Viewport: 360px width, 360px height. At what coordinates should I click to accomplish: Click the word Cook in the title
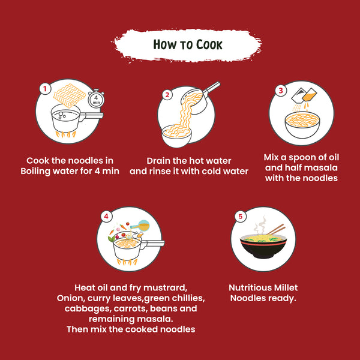(x=209, y=44)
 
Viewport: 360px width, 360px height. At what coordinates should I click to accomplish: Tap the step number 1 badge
(x=45, y=89)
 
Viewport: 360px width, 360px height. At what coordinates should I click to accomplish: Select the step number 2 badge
(x=167, y=95)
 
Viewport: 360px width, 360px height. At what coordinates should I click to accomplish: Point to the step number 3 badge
(x=281, y=90)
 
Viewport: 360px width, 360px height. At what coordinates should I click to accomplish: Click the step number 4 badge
(x=106, y=216)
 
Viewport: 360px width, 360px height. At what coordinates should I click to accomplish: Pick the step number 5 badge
(x=241, y=216)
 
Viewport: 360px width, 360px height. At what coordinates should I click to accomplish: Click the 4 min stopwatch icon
(x=96, y=99)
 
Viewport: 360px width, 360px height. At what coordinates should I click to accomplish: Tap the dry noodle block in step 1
(x=70, y=96)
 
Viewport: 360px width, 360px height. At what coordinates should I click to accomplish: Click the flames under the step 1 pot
(x=65, y=134)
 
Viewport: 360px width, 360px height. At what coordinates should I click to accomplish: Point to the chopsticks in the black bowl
(x=276, y=229)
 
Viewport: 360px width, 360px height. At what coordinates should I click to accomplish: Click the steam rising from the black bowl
(x=260, y=225)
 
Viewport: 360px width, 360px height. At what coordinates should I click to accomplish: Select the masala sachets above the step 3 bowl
(x=304, y=95)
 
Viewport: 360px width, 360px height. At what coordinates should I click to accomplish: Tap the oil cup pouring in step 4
(x=140, y=226)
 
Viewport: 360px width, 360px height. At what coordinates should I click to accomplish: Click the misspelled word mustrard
(x=164, y=288)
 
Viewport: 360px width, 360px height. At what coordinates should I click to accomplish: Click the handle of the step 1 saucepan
(x=91, y=115)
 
